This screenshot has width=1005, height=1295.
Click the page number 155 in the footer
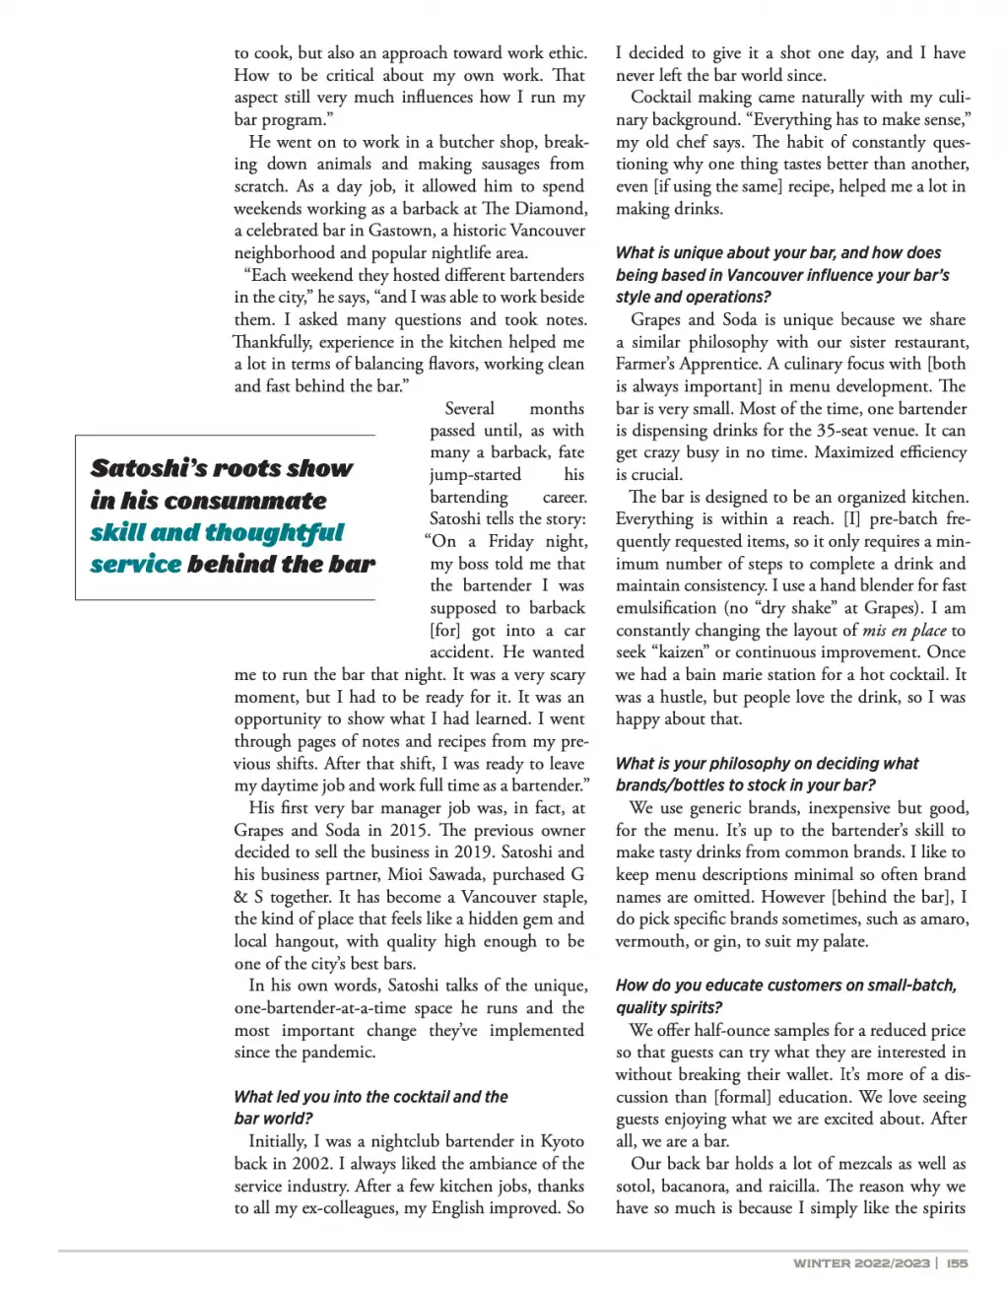coord(957,1262)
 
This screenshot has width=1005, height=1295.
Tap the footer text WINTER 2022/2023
coord(861,1262)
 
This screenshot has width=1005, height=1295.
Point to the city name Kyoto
coord(563,1141)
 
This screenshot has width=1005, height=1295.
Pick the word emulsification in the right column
coord(665,608)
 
